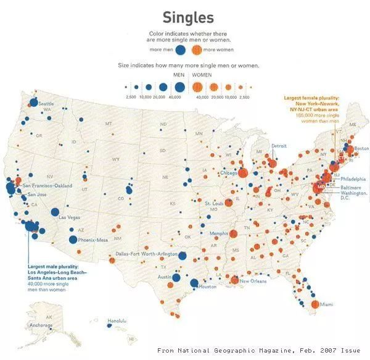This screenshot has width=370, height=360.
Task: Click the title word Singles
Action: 189,17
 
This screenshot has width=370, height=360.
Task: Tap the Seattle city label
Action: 46,104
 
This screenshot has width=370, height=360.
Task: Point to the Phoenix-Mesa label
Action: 93,240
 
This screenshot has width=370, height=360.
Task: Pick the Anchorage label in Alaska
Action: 41,326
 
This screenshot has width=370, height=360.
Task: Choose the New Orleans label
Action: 253,282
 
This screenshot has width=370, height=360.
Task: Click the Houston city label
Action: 209,287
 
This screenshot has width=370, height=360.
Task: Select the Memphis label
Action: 219,233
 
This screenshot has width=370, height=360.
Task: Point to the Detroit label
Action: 279,146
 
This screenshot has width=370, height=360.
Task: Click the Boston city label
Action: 361,148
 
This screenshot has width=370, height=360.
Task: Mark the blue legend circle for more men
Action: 181,50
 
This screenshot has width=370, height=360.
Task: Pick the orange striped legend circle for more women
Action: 196,50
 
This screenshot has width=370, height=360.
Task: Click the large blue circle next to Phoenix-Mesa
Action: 73,240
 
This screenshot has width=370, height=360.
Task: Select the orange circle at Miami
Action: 314,304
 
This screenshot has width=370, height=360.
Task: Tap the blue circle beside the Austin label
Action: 176,278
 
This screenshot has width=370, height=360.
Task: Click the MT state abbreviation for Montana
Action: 109,124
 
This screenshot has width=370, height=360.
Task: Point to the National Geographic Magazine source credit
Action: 258,350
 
